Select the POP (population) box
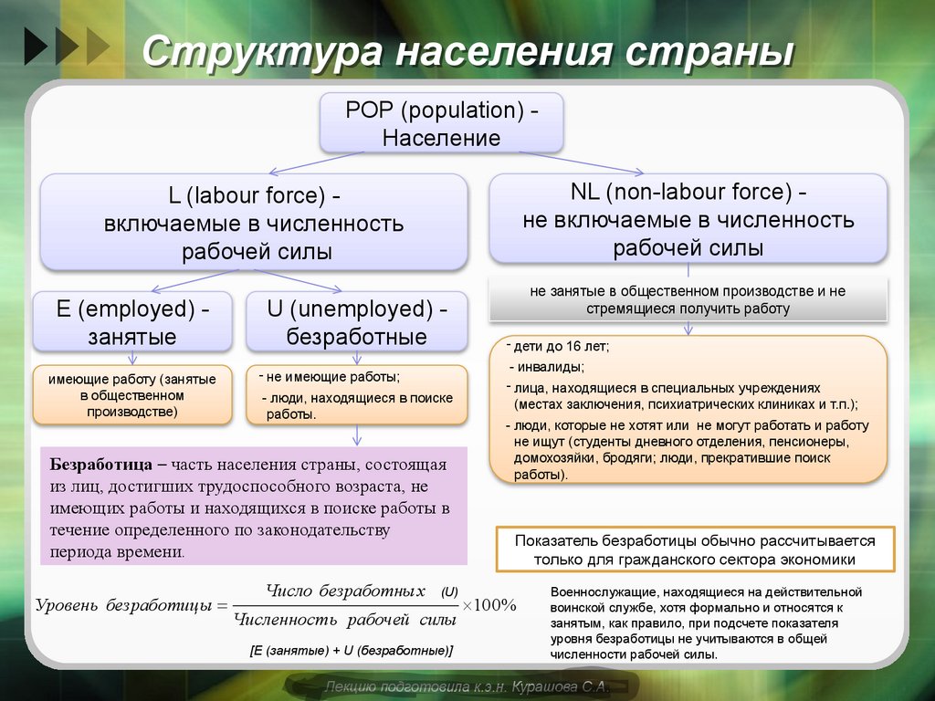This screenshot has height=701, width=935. pos(441,124)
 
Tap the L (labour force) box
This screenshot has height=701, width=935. pos(255,223)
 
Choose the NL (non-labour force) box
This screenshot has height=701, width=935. pos(688,219)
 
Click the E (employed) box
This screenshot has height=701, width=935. pos(131,322)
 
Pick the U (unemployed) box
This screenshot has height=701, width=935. pos(356,322)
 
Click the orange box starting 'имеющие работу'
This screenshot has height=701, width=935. pos(131,394)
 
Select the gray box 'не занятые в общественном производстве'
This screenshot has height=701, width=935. pos(688,299)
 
